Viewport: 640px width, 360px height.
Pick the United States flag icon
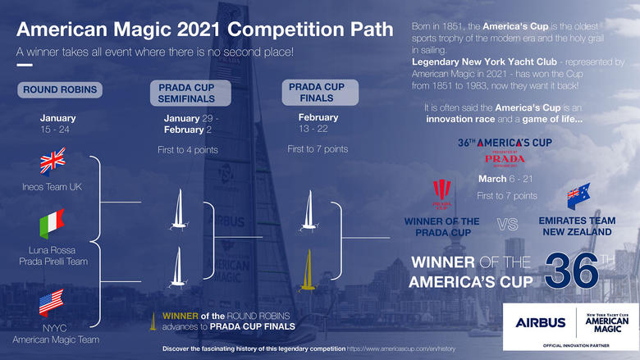(x=52, y=301)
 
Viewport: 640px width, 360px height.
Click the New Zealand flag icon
(x=578, y=198)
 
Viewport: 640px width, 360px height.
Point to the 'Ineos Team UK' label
(x=53, y=186)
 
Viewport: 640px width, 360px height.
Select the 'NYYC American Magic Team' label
(x=53, y=334)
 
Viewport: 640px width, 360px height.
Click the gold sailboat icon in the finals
(x=307, y=271)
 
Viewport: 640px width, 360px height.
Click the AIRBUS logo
(x=541, y=322)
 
